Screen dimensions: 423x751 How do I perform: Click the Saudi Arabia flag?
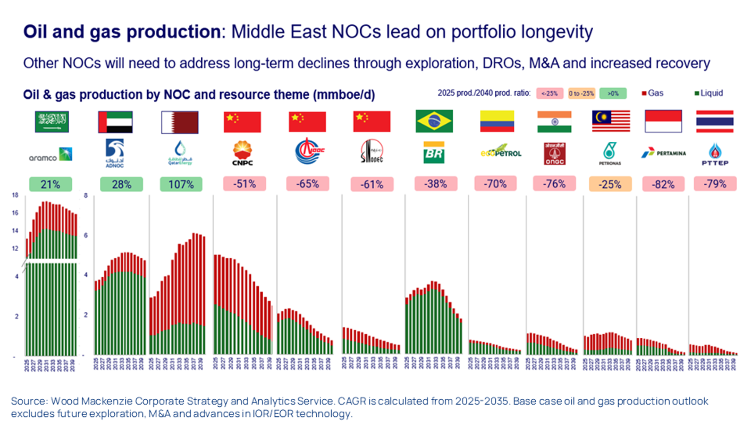[52, 122]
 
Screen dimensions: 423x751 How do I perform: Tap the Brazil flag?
[434, 121]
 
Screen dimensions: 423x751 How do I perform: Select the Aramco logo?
[50, 155]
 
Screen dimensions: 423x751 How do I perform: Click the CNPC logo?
[242, 153]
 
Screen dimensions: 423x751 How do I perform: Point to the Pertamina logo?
[663, 153]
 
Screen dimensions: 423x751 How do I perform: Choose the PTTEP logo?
[715, 154]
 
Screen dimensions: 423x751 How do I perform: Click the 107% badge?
[181, 184]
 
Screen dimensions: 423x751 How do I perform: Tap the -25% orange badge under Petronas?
[610, 184]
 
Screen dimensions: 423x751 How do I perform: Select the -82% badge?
[663, 184]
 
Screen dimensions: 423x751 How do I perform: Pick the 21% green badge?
[50, 184]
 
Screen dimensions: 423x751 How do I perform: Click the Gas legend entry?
[653, 93]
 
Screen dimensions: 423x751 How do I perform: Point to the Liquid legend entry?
[708, 93]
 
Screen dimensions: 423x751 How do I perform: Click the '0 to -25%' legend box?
[581, 93]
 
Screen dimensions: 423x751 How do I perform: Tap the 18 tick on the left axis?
[15, 195]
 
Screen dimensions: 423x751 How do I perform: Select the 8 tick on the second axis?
[86, 195]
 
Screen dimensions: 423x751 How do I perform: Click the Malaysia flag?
[611, 121]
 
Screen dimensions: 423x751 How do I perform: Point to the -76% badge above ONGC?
[554, 184]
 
